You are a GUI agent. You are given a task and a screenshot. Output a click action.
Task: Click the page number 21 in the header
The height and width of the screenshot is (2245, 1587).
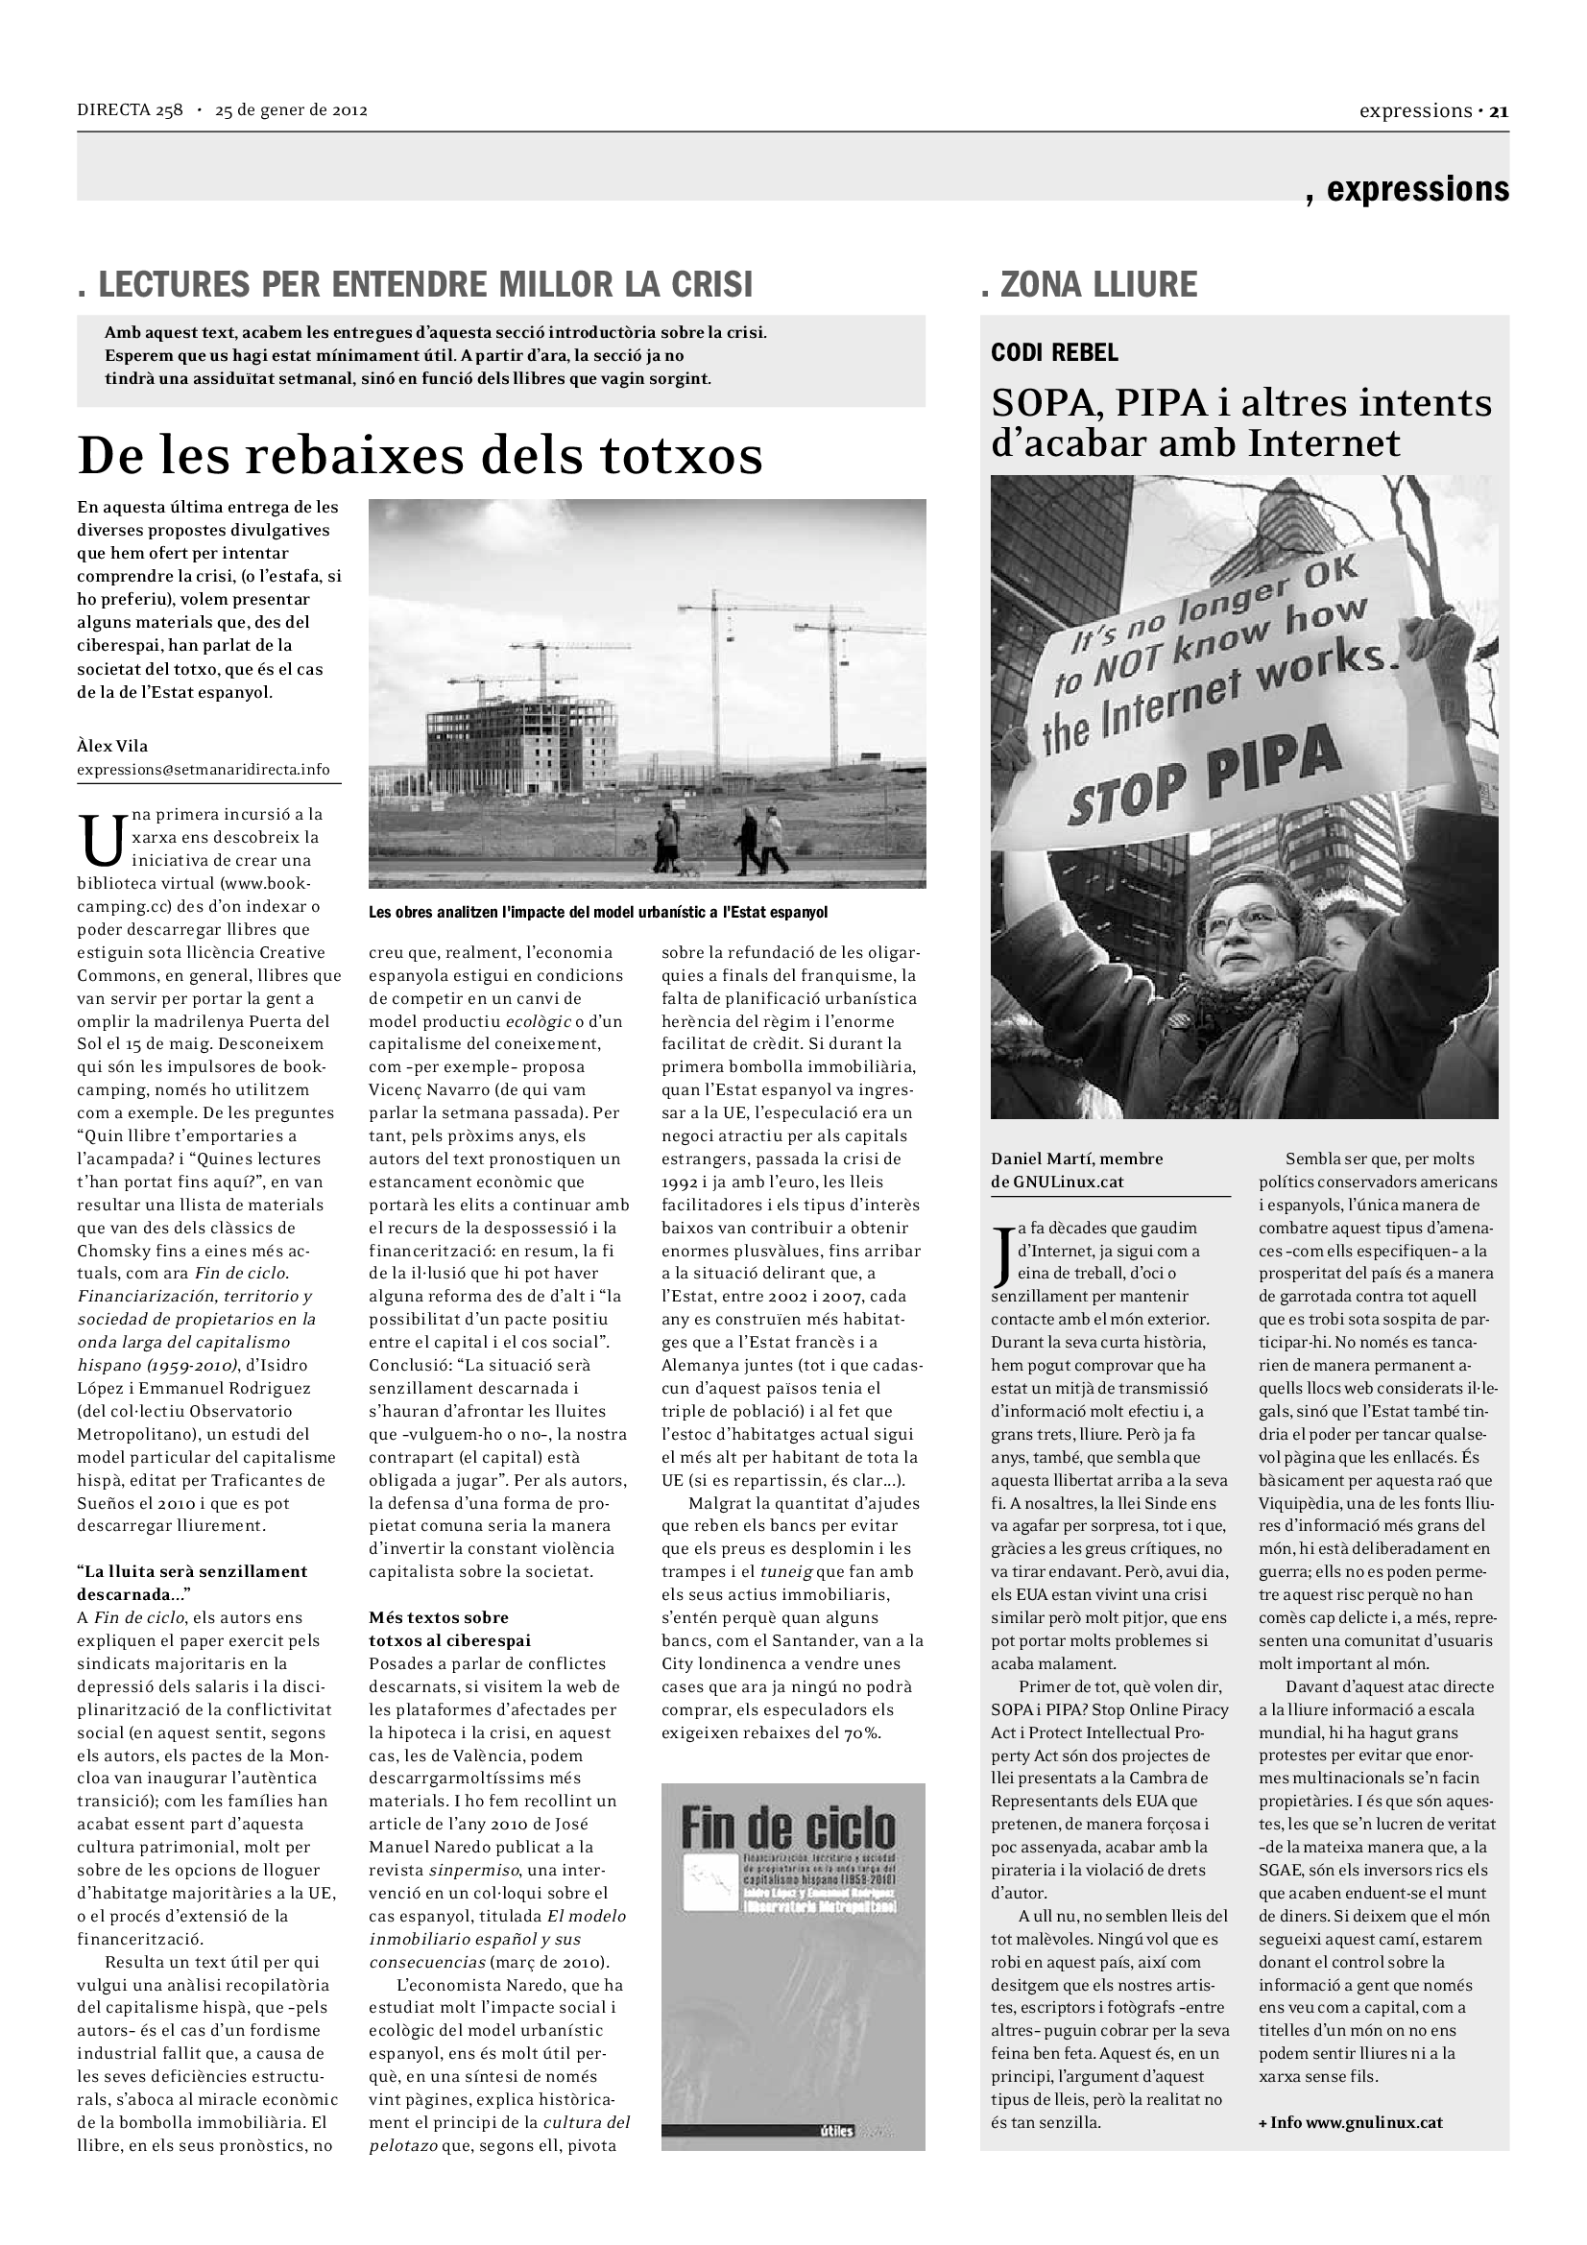[x=1499, y=111]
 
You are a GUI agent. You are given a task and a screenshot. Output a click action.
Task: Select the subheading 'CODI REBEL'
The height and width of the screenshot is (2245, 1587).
[x=1054, y=353]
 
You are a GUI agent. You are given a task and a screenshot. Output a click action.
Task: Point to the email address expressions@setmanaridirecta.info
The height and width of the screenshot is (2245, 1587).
[x=204, y=770]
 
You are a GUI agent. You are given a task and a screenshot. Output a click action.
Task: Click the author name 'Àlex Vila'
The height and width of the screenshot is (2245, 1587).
[x=112, y=746]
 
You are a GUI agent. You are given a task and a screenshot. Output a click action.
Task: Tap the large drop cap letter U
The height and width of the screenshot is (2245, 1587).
[x=101, y=840]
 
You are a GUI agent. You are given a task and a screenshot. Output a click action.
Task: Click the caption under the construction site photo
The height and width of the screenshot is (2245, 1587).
[x=597, y=912]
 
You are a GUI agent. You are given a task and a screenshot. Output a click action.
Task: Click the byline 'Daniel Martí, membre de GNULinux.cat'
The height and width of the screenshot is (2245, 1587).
[x=1076, y=1169]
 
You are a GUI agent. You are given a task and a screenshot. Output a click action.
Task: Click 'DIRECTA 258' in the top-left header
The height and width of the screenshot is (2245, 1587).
[x=130, y=110]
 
